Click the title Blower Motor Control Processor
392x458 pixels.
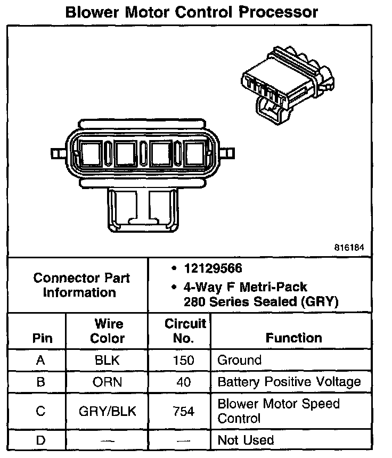pos(192,12)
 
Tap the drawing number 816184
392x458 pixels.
pos(349,248)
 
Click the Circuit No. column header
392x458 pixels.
pos(184,331)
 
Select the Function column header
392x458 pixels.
pos(293,338)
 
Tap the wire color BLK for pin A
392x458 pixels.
pos(107,360)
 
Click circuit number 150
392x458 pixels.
pos(184,360)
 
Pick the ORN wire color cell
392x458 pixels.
pos(107,382)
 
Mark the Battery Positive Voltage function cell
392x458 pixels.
pos(289,382)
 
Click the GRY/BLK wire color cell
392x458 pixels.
pos(107,411)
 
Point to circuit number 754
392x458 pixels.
pos(184,411)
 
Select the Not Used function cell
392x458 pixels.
pos(246,440)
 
